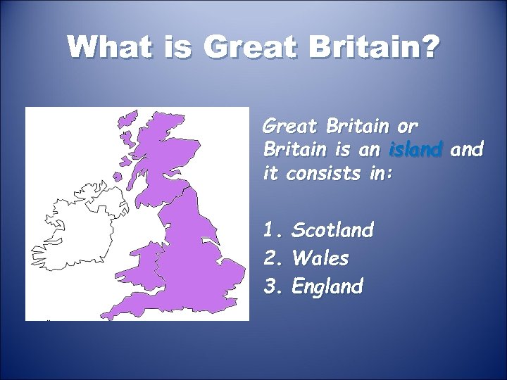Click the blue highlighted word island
coord(415,150)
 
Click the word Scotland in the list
coord(332,229)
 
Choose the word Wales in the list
coord(320,258)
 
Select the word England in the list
coord(327,286)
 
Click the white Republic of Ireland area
coord(70,232)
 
